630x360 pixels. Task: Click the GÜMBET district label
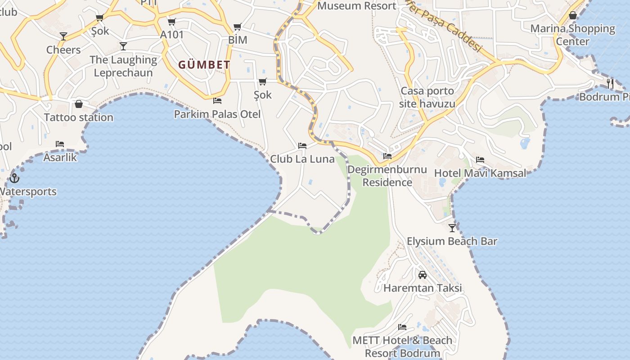(x=204, y=65)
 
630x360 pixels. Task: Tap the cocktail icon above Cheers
(x=63, y=36)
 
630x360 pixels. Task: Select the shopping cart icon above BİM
(x=237, y=27)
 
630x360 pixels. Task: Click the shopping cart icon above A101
(x=171, y=22)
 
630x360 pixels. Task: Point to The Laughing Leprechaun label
(x=123, y=66)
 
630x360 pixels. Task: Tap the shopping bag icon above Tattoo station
(x=79, y=104)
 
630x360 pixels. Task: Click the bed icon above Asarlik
(x=60, y=144)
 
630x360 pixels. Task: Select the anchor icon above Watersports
(x=14, y=178)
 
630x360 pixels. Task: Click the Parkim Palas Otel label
(x=217, y=114)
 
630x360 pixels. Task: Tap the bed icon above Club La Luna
(x=302, y=146)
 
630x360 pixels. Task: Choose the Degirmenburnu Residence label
(x=387, y=176)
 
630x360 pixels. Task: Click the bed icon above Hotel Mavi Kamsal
(x=480, y=160)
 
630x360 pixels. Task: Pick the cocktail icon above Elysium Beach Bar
(x=452, y=228)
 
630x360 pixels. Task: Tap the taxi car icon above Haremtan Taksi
(x=423, y=274)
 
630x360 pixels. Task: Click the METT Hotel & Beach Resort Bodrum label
(x=402, y=346)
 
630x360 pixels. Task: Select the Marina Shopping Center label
(x=572, y=35)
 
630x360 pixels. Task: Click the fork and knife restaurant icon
(x=610, y=83)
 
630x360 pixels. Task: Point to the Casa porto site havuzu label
(x=427, y=97)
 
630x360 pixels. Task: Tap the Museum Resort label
(x=357, y=6)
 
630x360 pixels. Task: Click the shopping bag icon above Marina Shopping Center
(x=573, y=15)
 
